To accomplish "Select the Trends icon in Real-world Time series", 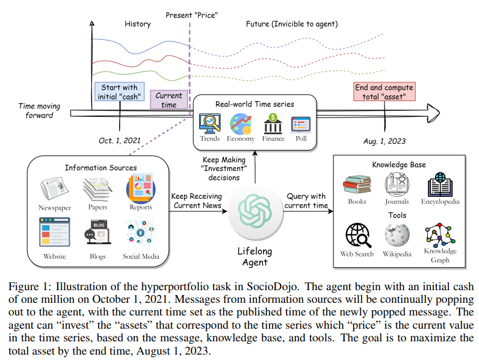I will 210,124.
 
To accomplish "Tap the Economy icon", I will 241,124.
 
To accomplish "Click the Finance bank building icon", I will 273,124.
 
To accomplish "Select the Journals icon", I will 398,184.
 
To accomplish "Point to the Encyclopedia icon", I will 440,185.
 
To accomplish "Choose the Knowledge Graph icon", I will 440,235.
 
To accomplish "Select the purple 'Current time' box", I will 168,100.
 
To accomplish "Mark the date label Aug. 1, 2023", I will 385,141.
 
